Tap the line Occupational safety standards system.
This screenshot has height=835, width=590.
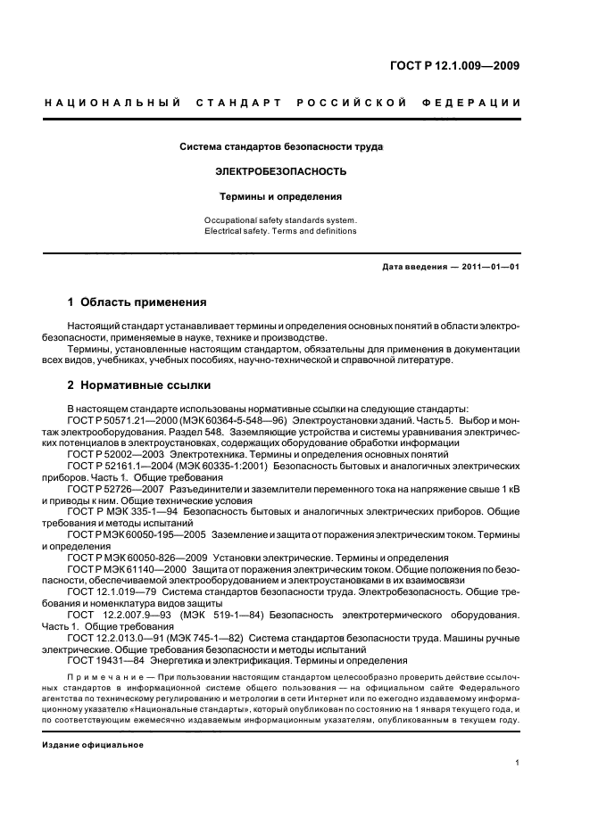[280, 219]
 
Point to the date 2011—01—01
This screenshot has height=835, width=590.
[487, 266]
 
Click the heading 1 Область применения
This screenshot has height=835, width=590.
[137, 302]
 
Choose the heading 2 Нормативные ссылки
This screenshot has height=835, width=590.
[139, 385]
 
